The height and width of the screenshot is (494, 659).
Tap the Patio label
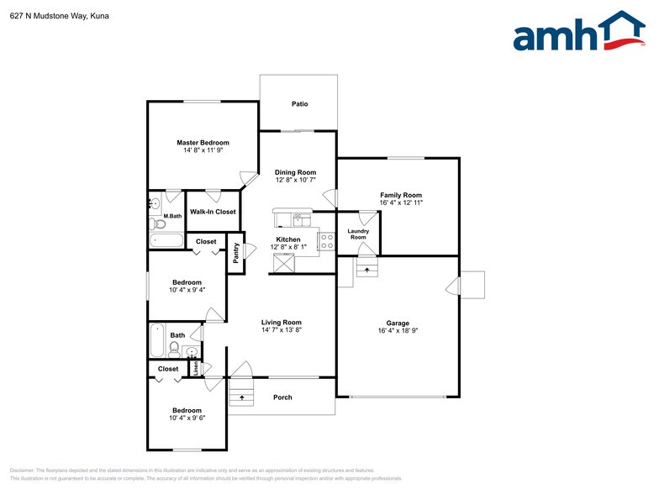point(299,104)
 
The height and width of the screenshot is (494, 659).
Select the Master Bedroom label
point(203,143)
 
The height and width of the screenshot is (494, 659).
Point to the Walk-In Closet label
point(213,212)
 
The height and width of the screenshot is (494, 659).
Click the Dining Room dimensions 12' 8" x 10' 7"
point(295,180)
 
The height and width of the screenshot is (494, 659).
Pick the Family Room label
point(400,195)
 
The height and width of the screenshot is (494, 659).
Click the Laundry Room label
point(358,234)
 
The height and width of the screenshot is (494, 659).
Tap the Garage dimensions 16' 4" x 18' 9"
point(398,331)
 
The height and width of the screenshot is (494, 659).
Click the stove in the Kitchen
point(326,242)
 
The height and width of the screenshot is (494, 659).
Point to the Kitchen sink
point(298,219)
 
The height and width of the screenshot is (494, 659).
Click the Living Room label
point(281,322)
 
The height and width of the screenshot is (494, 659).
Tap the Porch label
point(283,397)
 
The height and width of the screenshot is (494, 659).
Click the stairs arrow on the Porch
point(241,397)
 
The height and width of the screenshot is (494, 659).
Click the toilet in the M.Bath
point(160,223)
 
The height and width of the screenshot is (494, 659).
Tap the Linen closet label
point(196,367)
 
